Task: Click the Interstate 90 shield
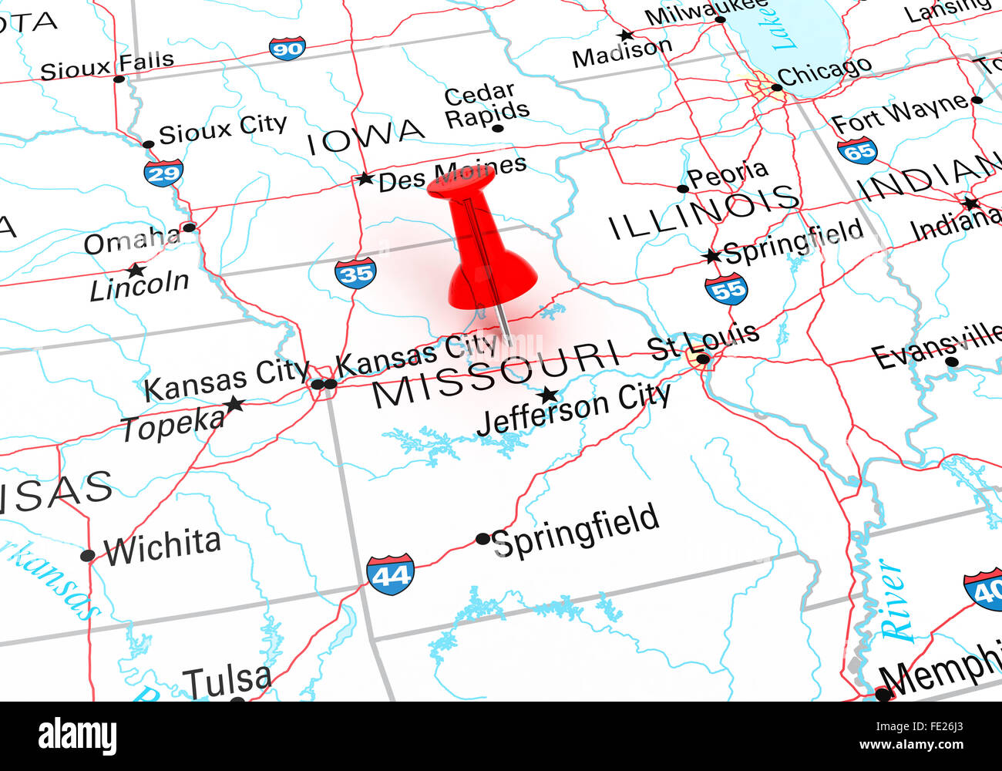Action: click(x=287, y=49)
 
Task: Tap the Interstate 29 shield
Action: click(x=163, y=173)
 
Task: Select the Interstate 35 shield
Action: click(x=355, y=273)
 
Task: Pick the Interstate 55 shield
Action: click(x=726, y=288)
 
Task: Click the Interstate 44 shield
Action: click(x=390, y=574)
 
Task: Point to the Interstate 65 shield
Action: click(x=857, y=150)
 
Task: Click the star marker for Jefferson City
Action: click(x=548, y=396)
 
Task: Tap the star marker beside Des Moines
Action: click(x=365, y=180)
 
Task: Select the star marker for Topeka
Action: click(x=234, y=404)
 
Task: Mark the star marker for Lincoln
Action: click(x=136, y=271)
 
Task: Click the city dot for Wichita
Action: click(x=88, y=555)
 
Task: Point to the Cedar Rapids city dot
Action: click(x=498, y=128)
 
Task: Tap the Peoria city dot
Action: click(x=682, y=189)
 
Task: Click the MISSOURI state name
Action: click(x=496, y=375)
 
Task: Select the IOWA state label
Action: click(x=365, y=137)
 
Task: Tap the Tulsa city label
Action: click(x=227, y=681)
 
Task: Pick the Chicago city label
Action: click(x=824, y=72)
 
